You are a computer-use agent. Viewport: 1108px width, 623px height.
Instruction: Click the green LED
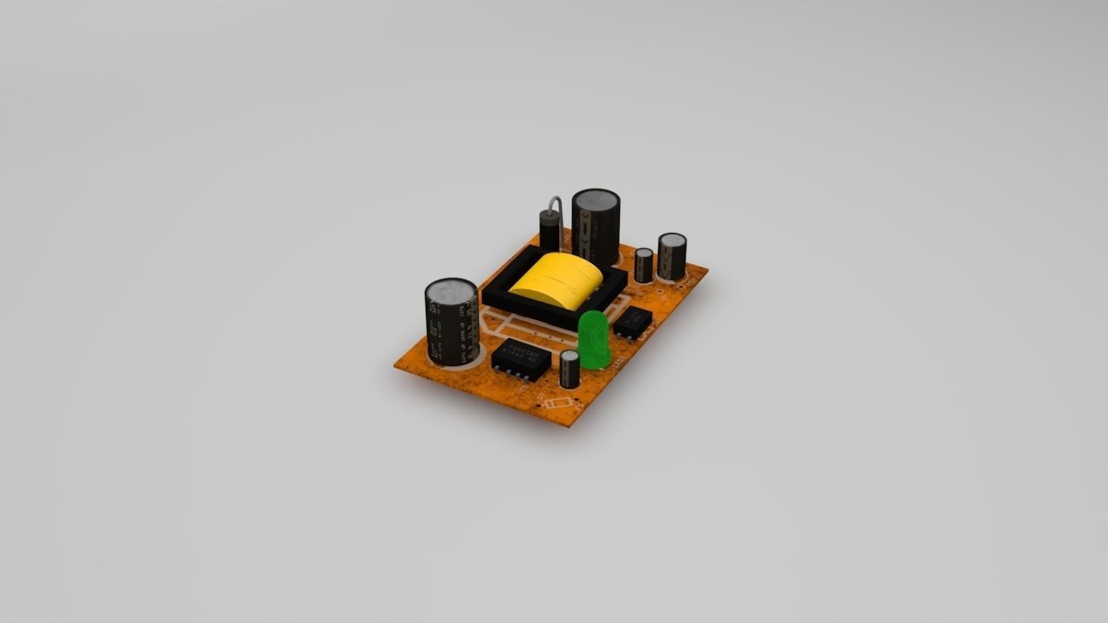click(x=594, y=339)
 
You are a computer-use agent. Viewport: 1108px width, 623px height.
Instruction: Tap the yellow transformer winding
click(x=556, y=279)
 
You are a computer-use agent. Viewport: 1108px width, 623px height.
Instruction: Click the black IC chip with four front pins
click(x=520, y=355)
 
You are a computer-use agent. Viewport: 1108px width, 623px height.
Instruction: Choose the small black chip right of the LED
click(x=633, y=321)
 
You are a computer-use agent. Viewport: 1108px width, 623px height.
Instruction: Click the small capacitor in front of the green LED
click(x=569, y=369)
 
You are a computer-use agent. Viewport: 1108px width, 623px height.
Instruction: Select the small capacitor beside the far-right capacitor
click(x=643, y=265)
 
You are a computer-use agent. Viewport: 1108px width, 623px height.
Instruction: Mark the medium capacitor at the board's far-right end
click(x=672, y=255)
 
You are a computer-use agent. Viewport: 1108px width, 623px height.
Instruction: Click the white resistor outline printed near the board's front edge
click(x=557, y=403)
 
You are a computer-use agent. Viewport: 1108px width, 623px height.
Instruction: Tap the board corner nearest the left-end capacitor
click(x=396, y=367)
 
